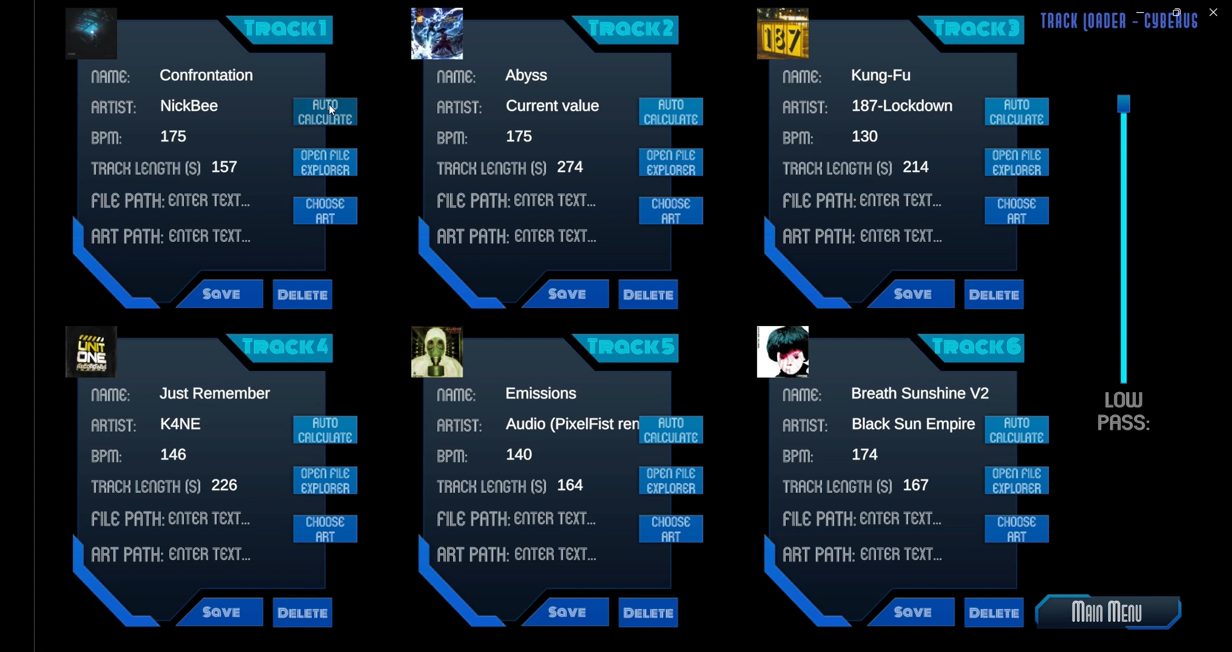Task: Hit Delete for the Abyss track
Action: point(648,295)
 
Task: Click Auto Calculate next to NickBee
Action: point(325,112)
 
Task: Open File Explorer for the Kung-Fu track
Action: point(1016,163)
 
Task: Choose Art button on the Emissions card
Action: point(671,529)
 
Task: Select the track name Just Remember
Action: point(214,393)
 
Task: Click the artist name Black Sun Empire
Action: point(912,424)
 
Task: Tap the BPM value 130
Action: point(864,137)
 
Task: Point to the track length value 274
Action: point(570,167)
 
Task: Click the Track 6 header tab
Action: point(976,347)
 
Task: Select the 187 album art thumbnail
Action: point(783,34)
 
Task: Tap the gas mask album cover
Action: point(437,352)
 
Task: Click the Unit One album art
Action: point(91,352)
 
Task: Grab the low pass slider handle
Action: point(1124,104)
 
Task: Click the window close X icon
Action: point(1213,12)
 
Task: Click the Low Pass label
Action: point(1123,411)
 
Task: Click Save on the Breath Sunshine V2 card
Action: point(912,612)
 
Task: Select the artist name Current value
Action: point(552,106)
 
